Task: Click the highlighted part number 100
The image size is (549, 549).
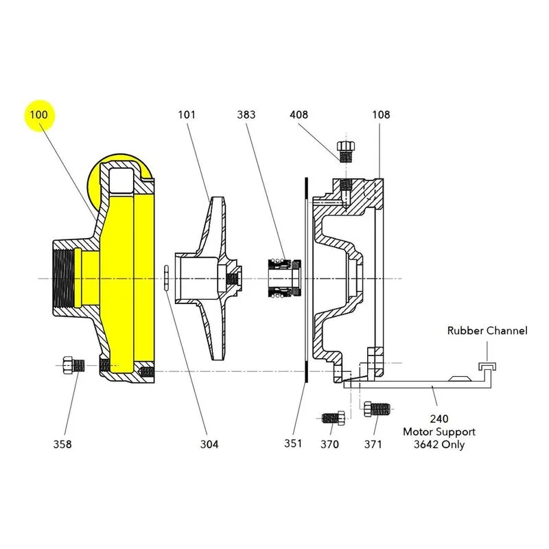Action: (x=38, y=115)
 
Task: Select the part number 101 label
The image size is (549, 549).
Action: (x=187, y=115)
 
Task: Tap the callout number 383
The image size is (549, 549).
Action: (x=246, y=115)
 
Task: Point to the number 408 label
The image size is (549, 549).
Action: (x=299, y=115)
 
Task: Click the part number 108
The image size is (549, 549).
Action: (x=381, y=115)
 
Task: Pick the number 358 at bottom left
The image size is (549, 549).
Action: (x=62, y=444)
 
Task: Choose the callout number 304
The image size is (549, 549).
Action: (x=209, y=444)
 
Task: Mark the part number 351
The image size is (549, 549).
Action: (x=293, y=443)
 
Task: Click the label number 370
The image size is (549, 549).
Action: (x=329, y=444)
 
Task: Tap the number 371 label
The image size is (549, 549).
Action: (x=373, y=444)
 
